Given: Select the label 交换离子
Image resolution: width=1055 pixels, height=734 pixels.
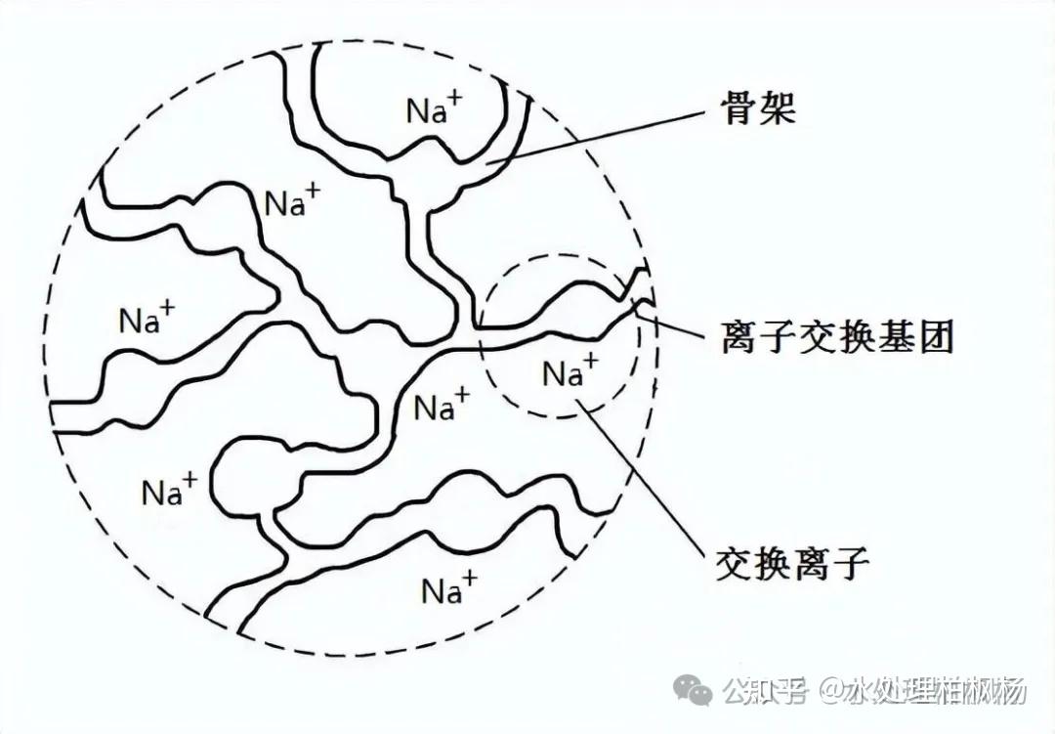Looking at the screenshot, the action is coord(792,563).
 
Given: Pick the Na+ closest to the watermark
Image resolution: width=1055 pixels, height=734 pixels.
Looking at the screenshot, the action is coord(449,588).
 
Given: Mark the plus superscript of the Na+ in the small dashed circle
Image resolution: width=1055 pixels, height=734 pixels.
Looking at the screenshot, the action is coord(589,365).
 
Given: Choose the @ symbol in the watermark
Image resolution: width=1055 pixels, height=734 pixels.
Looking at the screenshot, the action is coord(832,693).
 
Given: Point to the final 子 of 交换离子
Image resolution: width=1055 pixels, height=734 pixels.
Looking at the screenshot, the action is coord(849,563).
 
